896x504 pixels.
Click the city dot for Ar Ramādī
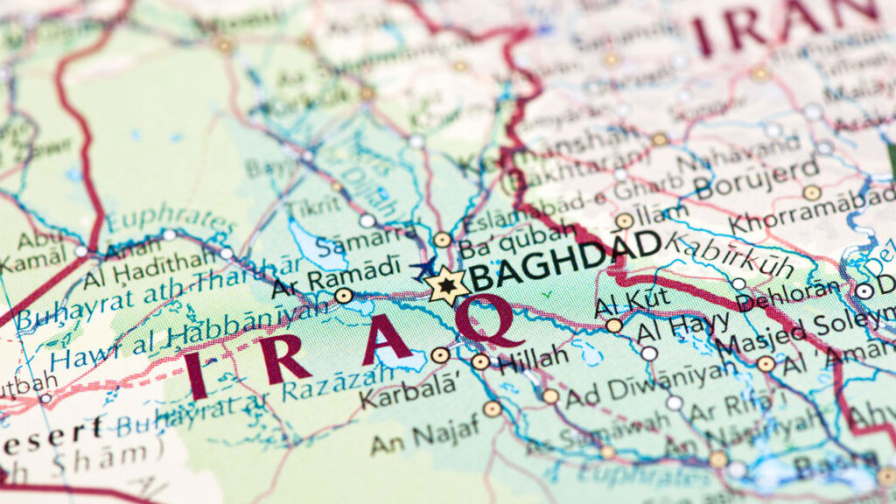(x=344, y=296)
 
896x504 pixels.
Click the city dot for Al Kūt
(x=614, y=325)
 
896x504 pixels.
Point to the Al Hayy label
(x=682, y=330)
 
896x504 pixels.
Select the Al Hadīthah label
(x=149, y=267)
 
